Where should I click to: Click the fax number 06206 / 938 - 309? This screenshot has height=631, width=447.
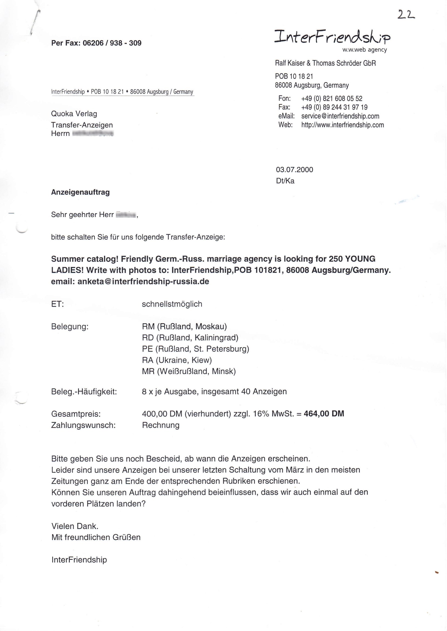112,43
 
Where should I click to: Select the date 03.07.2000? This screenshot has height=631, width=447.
294,169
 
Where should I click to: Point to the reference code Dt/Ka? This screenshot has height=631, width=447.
285,181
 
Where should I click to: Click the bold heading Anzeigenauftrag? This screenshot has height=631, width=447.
80,192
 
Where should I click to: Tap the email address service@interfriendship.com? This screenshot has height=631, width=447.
340,116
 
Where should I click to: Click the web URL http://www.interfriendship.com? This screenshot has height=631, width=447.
342,125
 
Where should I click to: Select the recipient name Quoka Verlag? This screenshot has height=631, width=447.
74,114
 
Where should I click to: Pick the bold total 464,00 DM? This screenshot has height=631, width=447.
324,414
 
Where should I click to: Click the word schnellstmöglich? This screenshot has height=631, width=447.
172,304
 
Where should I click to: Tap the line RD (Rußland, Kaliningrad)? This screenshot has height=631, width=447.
190,337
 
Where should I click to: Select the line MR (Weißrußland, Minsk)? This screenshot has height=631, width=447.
189,371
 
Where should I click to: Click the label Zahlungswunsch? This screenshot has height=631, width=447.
83,425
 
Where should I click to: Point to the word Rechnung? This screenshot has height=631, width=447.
161,425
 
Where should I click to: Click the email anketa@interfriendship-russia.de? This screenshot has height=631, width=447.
143,281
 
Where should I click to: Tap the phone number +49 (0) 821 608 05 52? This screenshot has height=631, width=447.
332,99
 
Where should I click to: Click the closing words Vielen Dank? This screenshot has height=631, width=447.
75,526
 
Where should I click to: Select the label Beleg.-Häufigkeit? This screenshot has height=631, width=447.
84,391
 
